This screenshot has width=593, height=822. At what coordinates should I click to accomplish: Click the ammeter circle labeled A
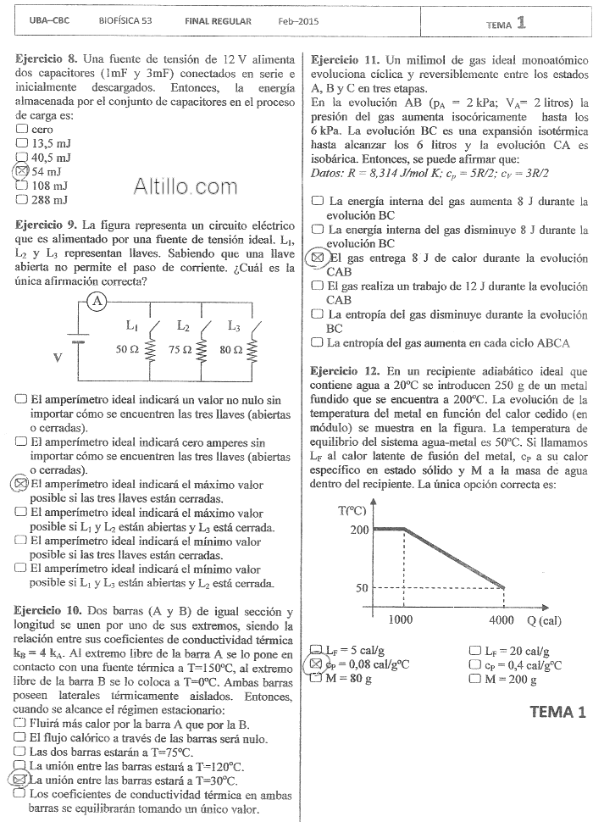tap(97, 301)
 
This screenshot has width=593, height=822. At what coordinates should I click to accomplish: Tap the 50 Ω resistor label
tap(128, 349)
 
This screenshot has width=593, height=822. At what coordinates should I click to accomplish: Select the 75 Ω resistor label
tap(180, 349)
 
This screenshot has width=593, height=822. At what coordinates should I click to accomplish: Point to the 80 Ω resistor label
tap(230, 349)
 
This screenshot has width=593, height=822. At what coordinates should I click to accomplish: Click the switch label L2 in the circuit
tap(183, 325)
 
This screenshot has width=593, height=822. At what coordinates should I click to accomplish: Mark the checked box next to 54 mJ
tap(22, 171)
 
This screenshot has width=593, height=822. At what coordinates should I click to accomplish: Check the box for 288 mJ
tap(22, 200)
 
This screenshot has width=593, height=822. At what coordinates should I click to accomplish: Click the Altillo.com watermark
tap(186, 186)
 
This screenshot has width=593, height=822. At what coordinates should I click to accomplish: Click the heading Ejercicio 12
tap(345, 371)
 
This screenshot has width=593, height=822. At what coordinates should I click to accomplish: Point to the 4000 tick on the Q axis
tap(502, 619)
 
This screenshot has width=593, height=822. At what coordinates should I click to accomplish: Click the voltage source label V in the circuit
tap(58, 357)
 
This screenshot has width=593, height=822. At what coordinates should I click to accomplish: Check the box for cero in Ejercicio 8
tap(22, 129)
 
